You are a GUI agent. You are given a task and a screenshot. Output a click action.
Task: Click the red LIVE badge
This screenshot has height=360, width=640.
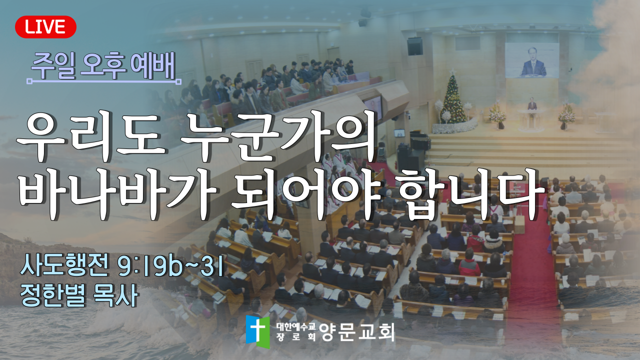[x=45, y=27]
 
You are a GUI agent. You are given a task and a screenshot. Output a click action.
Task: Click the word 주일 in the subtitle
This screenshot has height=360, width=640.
[x=53, y=66]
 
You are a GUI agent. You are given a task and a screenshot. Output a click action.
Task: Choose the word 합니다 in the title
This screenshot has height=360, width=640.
[x=471, y=195]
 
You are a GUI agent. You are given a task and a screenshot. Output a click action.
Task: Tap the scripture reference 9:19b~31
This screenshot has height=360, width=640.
[x=171, y=267]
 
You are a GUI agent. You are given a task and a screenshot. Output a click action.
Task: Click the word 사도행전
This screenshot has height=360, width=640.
[x=64, y=267]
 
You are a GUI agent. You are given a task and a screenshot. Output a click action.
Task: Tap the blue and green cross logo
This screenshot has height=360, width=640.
[x=258, y=331]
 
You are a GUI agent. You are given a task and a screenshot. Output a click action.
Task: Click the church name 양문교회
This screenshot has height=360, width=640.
[x=357, y=332]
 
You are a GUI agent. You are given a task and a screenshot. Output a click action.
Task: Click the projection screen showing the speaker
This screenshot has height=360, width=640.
[x=532, y=60]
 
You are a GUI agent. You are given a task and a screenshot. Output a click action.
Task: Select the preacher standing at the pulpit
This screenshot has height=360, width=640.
[x=532, y=104]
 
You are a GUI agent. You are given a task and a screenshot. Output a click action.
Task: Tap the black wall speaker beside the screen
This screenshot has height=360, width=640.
[x=415, y=46]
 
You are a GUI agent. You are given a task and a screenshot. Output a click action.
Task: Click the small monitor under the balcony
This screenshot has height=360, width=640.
[x=399, y=133]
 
